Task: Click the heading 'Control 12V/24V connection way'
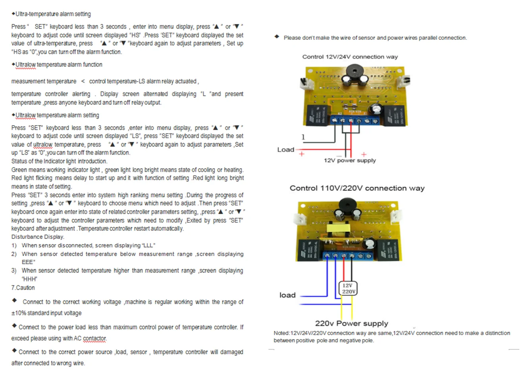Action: [350, 57]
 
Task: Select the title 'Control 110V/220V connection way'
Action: [357, 188]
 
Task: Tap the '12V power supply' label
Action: [349, 161]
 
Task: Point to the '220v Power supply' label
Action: [351, 323]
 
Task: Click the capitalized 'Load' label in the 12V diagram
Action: [286, 150]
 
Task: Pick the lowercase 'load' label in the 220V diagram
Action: [287, 295]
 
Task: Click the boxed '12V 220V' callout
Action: [348, 288]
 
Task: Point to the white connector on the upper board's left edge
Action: [307, 83]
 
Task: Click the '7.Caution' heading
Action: [23, 287]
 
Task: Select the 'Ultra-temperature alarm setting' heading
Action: [53, 14]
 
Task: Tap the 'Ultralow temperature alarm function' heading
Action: [59, 64]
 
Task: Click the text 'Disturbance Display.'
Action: [38, 237]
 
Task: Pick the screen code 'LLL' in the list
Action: [148, 245]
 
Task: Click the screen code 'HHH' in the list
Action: [29, 279]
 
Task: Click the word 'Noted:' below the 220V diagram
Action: [282, 333]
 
